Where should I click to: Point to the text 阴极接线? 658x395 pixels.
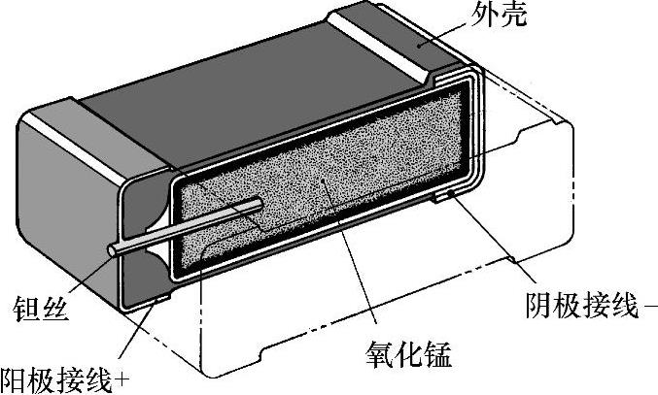576,308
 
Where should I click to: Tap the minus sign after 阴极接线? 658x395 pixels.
649,309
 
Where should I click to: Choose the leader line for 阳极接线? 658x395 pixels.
136,335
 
